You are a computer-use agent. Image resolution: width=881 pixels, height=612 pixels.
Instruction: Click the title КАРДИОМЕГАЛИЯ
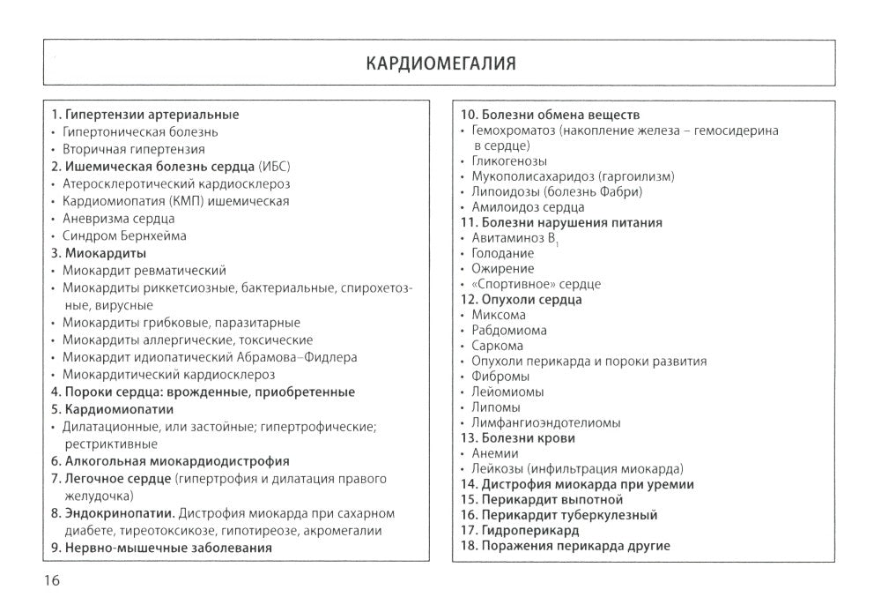(x=440, y=64)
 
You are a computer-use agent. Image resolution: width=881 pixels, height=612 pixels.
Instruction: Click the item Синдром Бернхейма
(x=124, y=235)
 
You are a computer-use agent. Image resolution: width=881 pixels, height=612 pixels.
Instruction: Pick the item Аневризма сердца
(x=118, y=218)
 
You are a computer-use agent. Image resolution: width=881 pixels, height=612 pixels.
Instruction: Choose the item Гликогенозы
(x=509, y=160)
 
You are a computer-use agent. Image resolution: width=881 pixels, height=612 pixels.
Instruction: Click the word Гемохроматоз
(x=516, y=131)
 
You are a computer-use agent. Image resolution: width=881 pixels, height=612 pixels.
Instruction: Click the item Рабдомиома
(x=508, y=330)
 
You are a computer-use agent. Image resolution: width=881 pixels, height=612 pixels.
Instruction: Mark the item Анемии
(x=495, y=453)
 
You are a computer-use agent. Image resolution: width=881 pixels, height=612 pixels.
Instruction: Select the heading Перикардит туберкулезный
(x=569, y=515)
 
